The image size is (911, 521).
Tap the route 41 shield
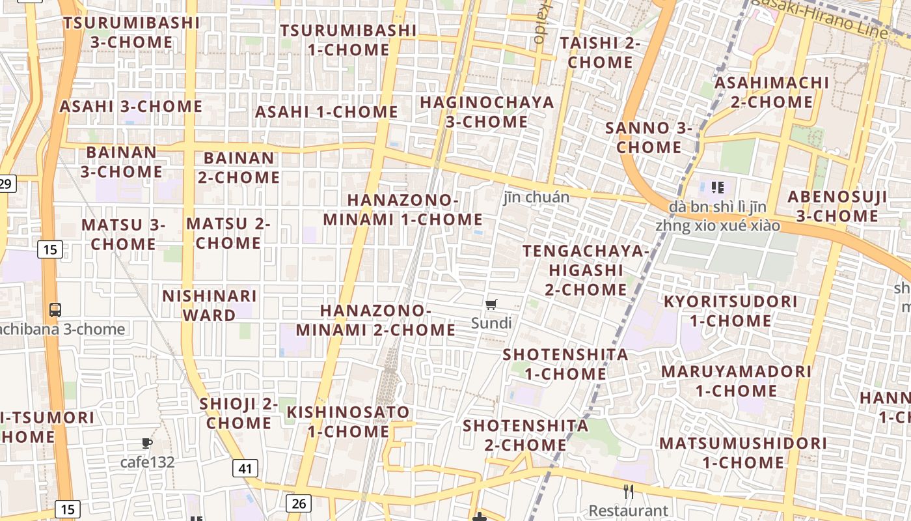pyautogui.click(x=245, y=468)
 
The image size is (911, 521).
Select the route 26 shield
pyautogui.click(x=298, y=503)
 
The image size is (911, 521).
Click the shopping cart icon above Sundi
pyautogui.click(x=491, y=304)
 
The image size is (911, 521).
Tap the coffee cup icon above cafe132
pyautogui.click(x=147, y=444)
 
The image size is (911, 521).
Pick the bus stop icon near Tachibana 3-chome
pyautogui.click(x=55, y=310)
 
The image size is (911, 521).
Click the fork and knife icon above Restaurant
pyautogui.click(x=628, y=492)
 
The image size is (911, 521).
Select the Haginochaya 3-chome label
pyautogui.click(x=487, y=112)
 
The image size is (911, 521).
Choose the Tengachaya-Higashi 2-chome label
pyautogui.click(x=586, y=270)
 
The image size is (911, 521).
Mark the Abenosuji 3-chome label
pyautogui.click(x=837, y=206)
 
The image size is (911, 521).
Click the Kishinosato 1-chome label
pyautogui.click(x=348, y=421)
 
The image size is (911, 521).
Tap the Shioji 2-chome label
pyautogui.click(x=239, y=413)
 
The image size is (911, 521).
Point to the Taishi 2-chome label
pyautogui.click(x=600, y=52)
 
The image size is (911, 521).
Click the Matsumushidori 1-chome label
pyautogui.click(x=743, y=453)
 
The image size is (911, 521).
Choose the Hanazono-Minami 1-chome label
pyautogui.click(x=403, y=210)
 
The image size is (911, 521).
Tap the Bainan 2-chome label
pyautogui.click(x=239, y=167)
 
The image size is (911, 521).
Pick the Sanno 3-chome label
pyautogui.click(x=649, y=137)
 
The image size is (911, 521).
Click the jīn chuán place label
pyautogui.click(x=536, y=197)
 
